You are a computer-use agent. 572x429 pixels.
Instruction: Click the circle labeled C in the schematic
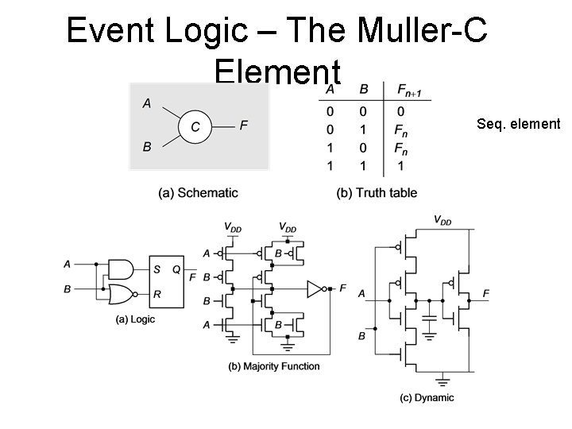pos(195,126)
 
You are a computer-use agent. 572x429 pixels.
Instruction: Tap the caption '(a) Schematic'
pos(199,193)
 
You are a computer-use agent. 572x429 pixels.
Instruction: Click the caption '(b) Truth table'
pos(377,193)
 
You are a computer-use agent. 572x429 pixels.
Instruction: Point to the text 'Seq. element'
pos(518,124)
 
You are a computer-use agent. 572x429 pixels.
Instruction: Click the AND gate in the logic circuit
pos(121,266)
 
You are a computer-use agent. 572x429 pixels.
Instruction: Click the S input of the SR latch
pos(157,268)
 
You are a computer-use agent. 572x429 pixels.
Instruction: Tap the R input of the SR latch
pos(157,294)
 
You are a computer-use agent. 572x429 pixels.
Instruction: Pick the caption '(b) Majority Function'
pos(273,366)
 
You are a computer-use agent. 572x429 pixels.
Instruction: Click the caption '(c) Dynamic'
pos(427,397)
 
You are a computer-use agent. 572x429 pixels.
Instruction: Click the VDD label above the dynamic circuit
pos(442,221)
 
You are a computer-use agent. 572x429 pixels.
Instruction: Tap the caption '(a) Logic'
pos(135,319)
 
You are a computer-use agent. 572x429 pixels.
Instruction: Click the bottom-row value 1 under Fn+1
pos(401,166)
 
